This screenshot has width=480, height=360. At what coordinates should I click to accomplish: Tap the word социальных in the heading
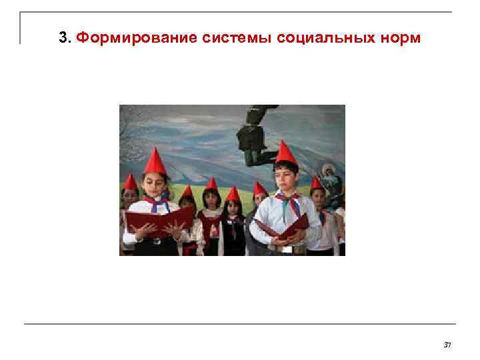click(323, 38)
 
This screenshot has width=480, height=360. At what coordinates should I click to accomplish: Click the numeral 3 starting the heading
click(63, 38)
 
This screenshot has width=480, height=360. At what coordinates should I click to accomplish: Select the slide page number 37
click(447, 345)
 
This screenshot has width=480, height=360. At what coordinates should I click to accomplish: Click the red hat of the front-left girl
click(155, 162)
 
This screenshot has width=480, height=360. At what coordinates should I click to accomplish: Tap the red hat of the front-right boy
click(285, 153)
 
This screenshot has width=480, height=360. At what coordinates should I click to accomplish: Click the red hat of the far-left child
click(131, 182)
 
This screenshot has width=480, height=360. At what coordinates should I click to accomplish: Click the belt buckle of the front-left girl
click(157, 241)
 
